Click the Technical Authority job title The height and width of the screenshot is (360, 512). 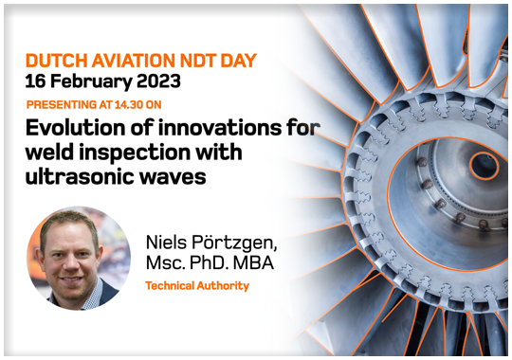click(x=196, y=285)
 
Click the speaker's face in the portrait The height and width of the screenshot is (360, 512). click(x=79, y=253)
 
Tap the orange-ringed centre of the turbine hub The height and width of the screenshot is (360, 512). click(x=484, y=165)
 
